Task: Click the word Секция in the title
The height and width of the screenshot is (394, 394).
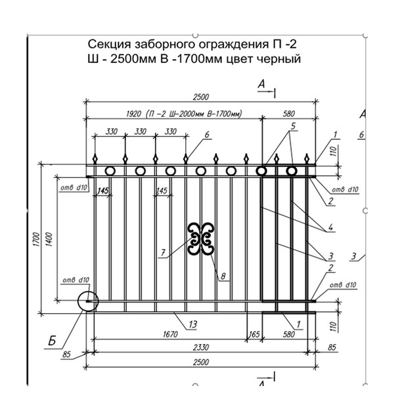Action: point(108,45)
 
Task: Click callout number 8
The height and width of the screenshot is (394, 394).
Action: point(224,276)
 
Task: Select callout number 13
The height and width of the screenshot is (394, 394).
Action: point(192,324)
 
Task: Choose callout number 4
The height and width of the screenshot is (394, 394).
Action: point(332,228)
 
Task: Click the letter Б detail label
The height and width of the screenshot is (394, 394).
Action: point(51,340)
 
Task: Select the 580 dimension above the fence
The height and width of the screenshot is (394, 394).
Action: point(288,112)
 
